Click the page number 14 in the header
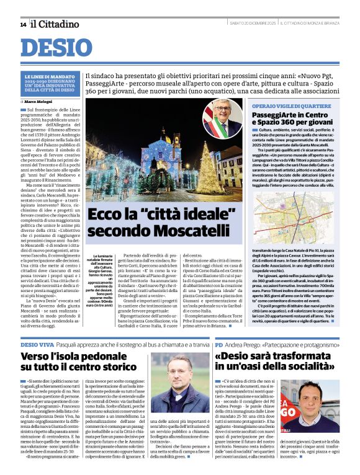tap(22, 24)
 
